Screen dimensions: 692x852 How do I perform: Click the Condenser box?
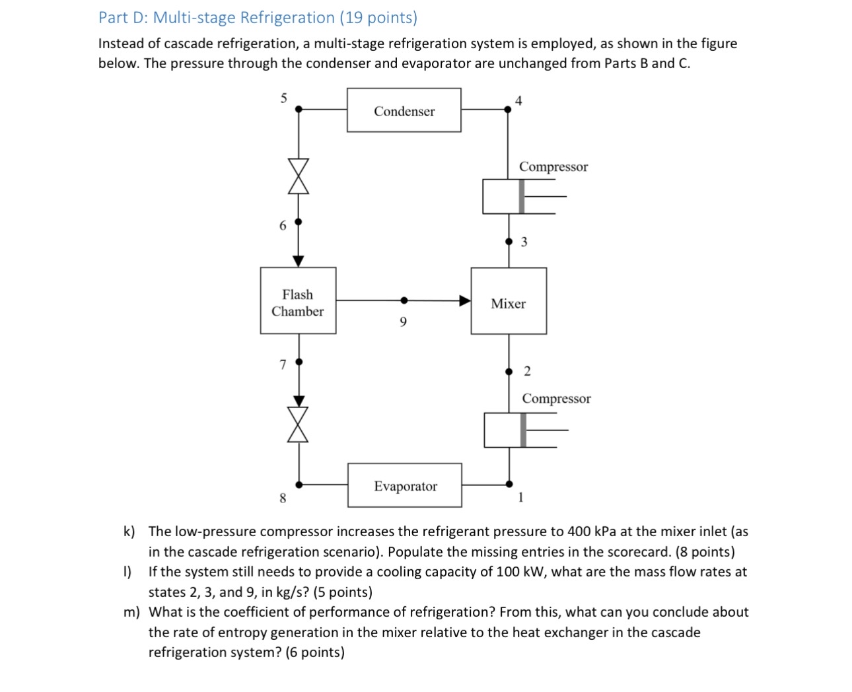pos(404,110)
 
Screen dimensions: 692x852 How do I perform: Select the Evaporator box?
pos(405,485)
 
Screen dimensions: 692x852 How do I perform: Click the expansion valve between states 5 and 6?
pos(299,176)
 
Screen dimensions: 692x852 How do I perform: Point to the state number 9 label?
pos(404,322)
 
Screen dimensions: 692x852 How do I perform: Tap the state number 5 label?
pos(284,98)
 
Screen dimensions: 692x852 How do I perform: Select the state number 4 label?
pos(518,100)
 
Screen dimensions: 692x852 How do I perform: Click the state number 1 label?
pos(520,498)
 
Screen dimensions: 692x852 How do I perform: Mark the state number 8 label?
pos(283,499)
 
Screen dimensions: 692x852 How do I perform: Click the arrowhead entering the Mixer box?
pos(465,301)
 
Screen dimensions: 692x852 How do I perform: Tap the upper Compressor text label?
pos(553,166)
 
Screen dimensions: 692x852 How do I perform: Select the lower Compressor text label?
pos(556,398)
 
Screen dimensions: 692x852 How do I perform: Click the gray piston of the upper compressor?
pos(522,196)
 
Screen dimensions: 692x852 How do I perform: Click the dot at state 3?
pos(509,242)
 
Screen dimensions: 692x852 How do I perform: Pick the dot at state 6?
pos(299,222)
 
